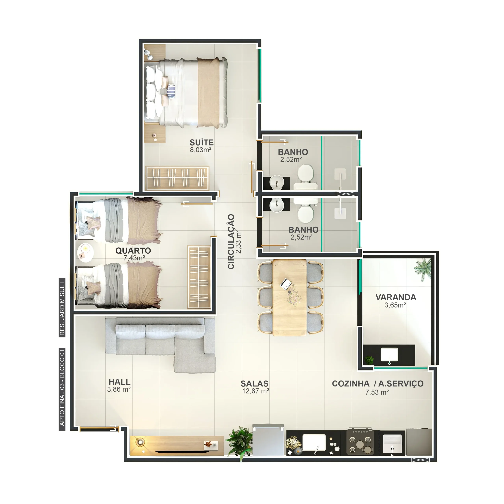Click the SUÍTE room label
point(201,142)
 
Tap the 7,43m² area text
point(134,258)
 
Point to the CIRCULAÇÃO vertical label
point(231,242)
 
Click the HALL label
point(120,382)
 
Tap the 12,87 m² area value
point(255,391)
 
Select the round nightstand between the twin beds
point(85,253)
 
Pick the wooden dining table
point(290,297)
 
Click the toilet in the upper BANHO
point(306,177)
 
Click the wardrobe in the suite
point(177,178)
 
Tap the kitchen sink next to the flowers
point(314,443)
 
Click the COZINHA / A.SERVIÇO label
point(377,384)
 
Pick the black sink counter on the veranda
point(389,355)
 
